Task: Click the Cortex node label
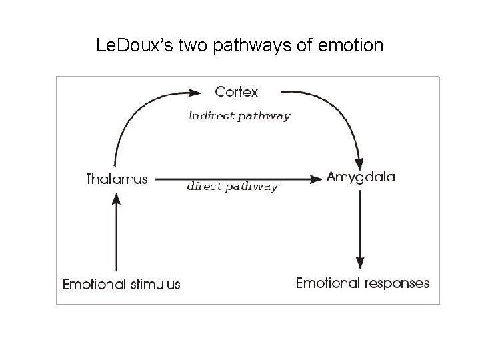236,91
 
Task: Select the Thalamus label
117,179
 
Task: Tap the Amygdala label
361,177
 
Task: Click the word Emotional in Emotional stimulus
95,284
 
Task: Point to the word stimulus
155,284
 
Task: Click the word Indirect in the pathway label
211,116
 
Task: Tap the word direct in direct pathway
204,187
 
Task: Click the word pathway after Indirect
264,116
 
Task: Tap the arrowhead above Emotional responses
361,261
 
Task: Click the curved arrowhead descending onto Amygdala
360,162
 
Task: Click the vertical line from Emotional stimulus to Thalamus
117,233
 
